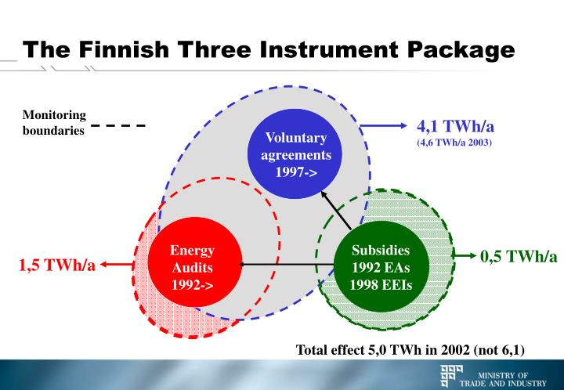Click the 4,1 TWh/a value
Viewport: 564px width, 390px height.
(454, 128)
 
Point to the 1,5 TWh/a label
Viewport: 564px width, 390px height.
(57, 265)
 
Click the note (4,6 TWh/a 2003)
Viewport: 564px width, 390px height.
(454, 144)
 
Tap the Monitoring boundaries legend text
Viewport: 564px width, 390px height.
(54, 123)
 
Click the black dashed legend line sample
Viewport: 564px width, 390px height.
(118, 125)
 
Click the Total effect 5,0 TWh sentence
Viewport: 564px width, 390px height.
(410, 349)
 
